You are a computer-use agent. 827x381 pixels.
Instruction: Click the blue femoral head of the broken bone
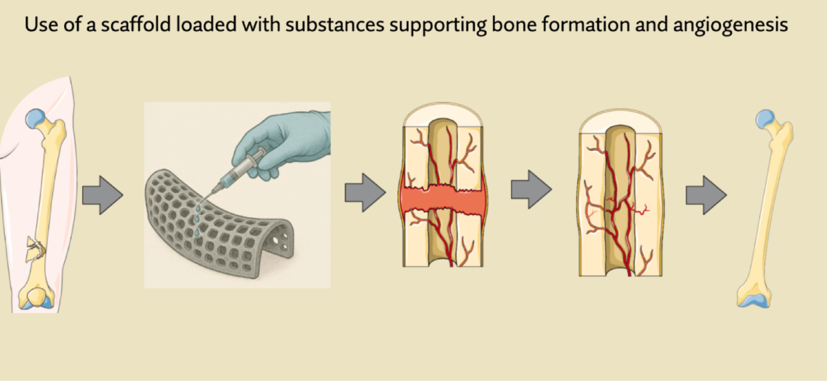[35, 119]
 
